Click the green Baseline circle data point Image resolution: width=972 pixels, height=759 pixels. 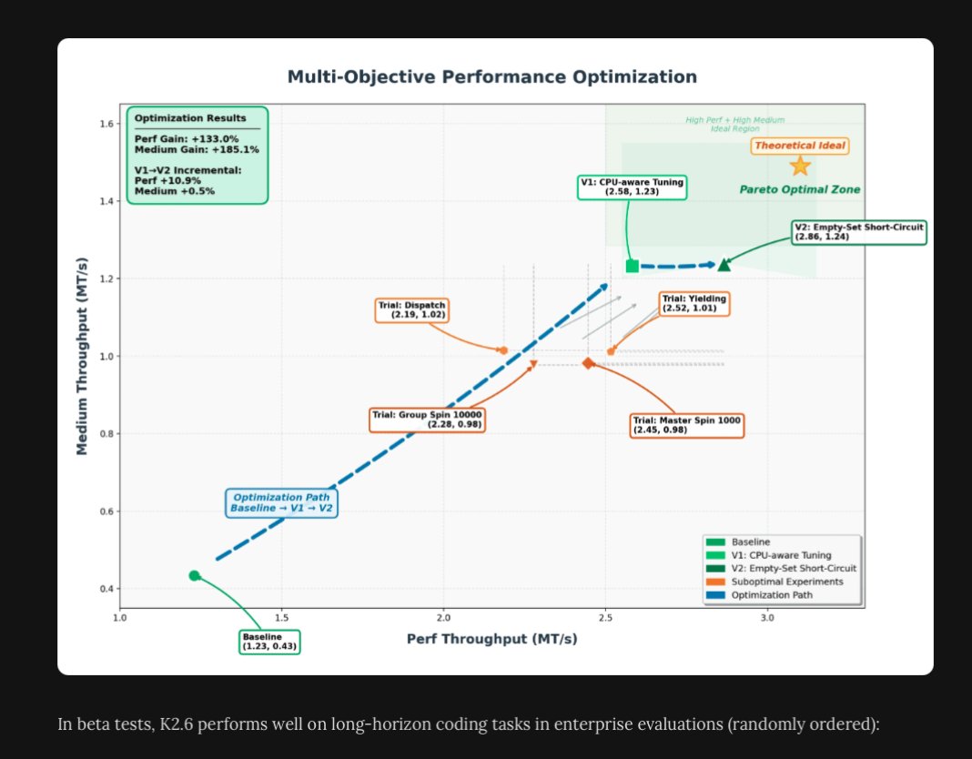tap(194, 575)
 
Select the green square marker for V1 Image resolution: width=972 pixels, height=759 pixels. tap(633, 266)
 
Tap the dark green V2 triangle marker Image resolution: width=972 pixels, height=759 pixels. tap(724, 265)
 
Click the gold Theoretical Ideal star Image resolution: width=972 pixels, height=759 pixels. tap(800, 166)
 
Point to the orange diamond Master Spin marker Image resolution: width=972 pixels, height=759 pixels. tap(588, 363)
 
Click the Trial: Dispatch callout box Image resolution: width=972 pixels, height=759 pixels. tap(411, 310)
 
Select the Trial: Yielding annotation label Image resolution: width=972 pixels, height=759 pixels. tap(694, 303)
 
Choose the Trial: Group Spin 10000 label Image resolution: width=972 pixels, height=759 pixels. tap(427, 420)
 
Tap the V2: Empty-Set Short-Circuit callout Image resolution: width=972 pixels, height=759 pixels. tap(859, 232)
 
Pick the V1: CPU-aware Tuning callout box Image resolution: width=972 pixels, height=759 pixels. tap(632, 187)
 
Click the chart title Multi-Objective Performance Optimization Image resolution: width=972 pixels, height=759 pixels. tap(492, 76)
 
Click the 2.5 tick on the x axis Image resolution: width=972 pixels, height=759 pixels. tap(605, 618)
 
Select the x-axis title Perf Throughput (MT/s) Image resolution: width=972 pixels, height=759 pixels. tap(492, 639)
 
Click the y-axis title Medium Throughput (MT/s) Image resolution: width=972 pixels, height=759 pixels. tap(82, 356)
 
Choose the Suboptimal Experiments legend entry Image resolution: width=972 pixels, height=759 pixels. tap(775, 582)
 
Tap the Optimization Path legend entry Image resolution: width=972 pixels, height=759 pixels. tap(759, 595)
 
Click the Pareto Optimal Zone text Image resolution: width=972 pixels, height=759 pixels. tap(800, 189)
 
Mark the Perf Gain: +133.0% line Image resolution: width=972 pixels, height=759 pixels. tap(186, 139)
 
